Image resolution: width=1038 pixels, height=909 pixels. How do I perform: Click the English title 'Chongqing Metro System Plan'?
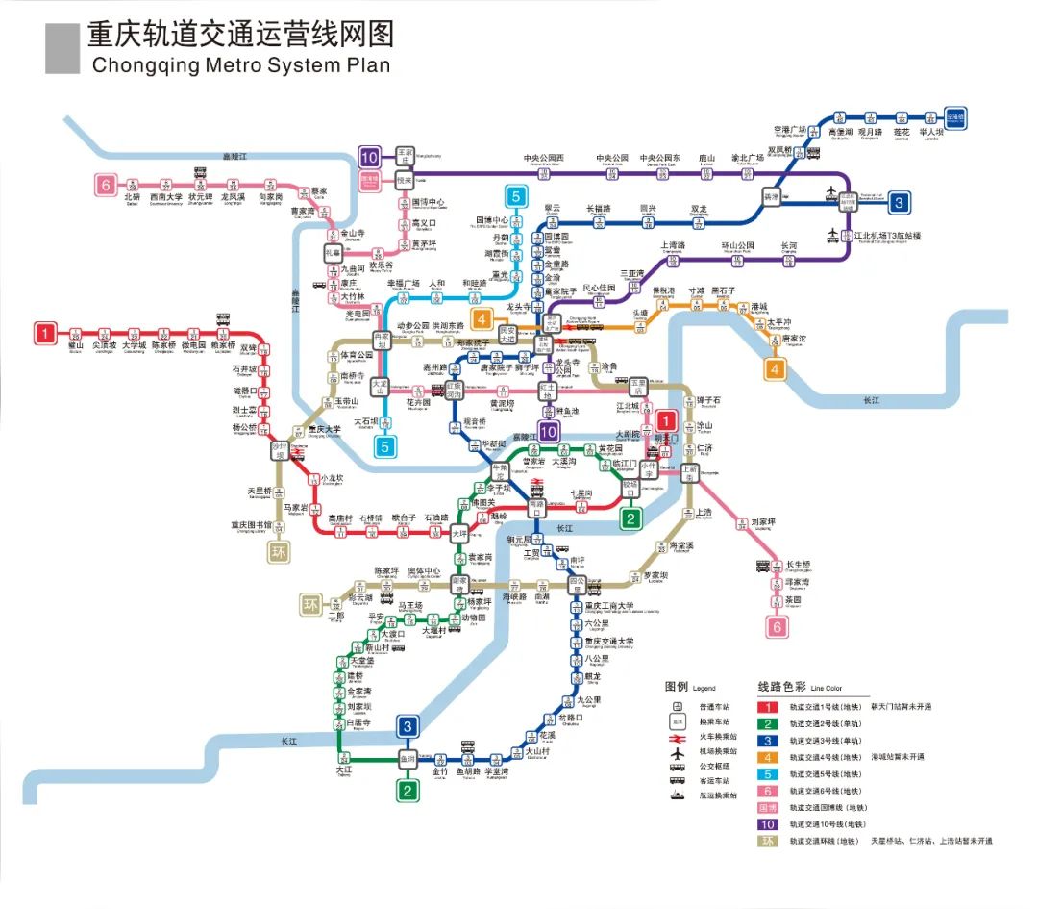pyautogui.click(x=240, y=65)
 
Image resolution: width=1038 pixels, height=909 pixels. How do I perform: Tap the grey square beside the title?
pyautogui.click(x=62, y=49)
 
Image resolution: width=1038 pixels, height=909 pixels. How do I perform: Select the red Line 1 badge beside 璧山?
pyautogui.click(x=44, y=333)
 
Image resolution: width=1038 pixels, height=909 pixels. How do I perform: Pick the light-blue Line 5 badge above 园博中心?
pyautogui.click(x=516, y=197)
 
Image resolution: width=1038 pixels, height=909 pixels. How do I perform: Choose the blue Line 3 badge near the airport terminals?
pyautogui.click(x=899, y=202)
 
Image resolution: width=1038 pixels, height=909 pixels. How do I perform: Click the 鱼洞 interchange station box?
pyautogui.click(x=408, y=759)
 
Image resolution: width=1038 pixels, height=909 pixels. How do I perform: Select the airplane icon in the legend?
pyautogui.click(x=678, y=750)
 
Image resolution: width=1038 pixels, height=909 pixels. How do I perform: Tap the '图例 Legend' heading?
pyautogui.click(x=690, y=687)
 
